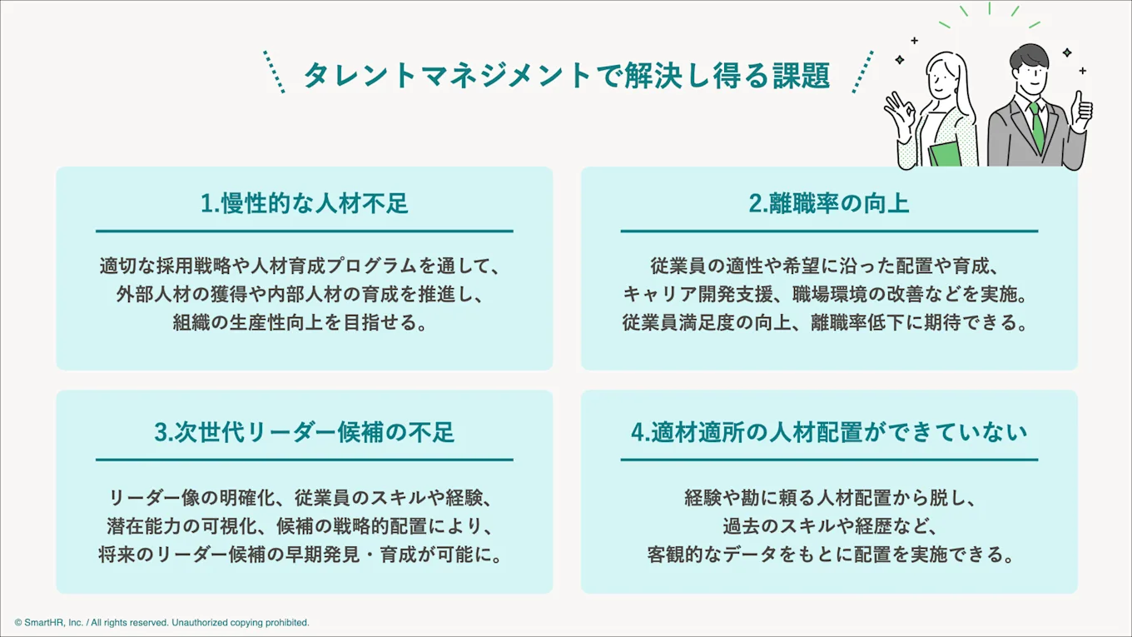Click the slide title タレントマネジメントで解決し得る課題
tap(566, 75)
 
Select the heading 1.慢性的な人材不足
tap(305, 203)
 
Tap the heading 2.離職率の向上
tap(828, 203)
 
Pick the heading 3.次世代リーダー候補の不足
tap(305, 432)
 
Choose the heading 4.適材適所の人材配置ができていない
tap(828, 432)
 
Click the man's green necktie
tap(1037, 127)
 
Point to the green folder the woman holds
tap(944, 155)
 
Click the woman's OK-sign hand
tap(900, 107)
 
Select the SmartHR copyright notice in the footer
tap(161, 623)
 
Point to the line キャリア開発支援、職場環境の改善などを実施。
tap(828, 295)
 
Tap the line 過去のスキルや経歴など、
tap(828, 526)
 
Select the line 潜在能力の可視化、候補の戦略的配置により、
tap(305, 526)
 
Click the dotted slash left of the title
tap(274, 72)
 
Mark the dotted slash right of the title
tap(863, 72)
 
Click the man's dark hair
tap(1030, 57)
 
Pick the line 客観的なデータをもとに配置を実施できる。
tap(828, 555)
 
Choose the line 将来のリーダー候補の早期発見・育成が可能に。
tap(305, 555)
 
